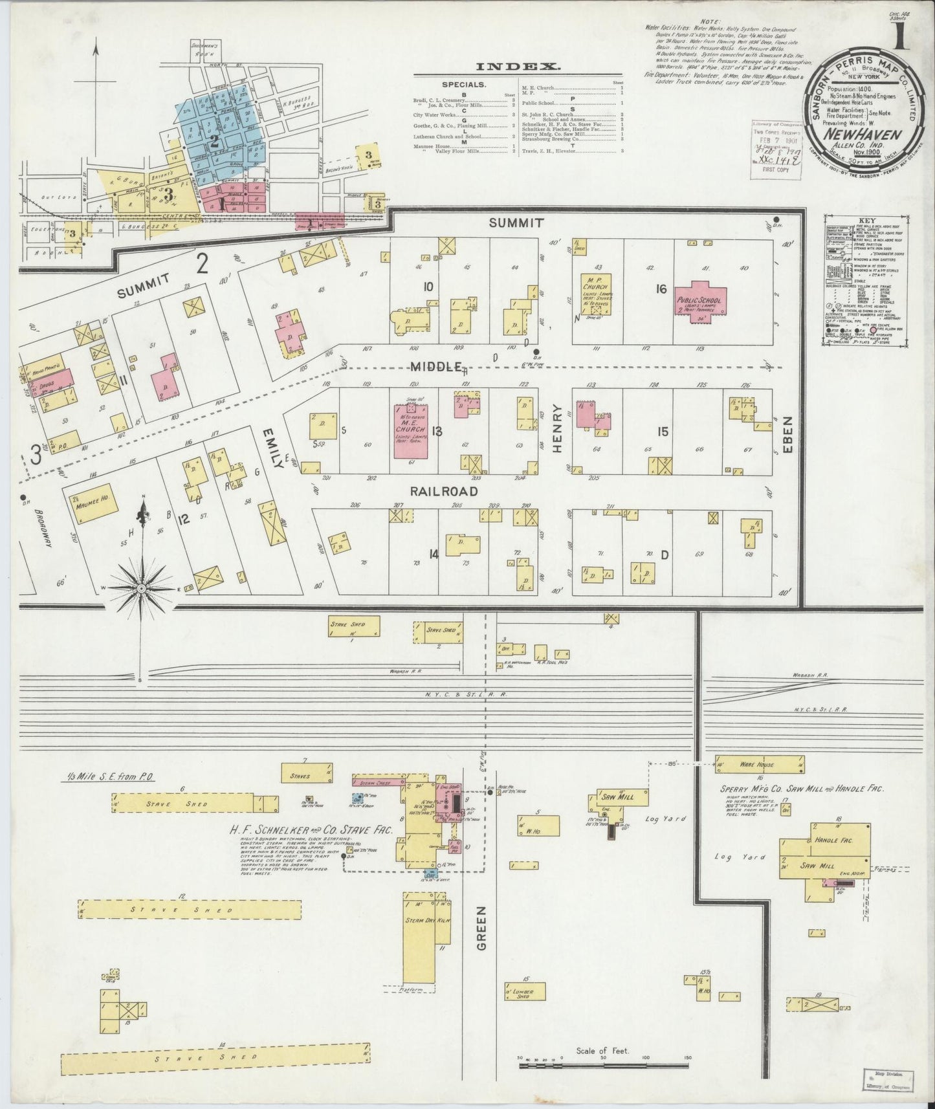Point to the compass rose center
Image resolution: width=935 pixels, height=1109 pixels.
tap(141, 587)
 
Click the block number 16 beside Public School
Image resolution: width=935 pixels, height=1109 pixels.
tap(660, 289)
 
